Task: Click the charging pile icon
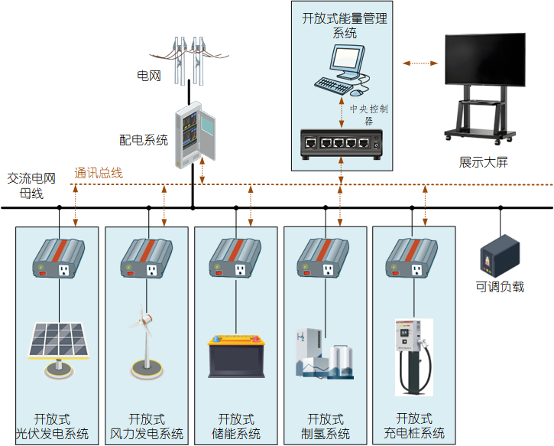413,356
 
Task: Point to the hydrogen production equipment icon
324,353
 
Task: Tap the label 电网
148,76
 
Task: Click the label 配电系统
144,140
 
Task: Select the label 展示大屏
483,162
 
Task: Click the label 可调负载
500,287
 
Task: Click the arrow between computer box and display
417,63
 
